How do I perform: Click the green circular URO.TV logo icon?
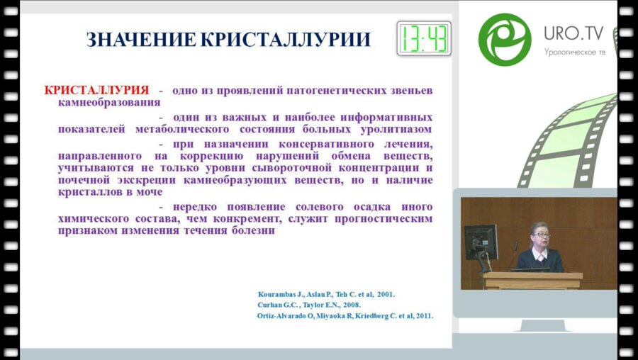coord(504,39)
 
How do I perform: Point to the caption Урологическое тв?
coord(575,52)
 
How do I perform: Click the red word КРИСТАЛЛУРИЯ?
coord(97,90)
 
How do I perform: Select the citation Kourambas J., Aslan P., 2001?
coord(327,293)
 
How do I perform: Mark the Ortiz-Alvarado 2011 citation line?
coord(345,316)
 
